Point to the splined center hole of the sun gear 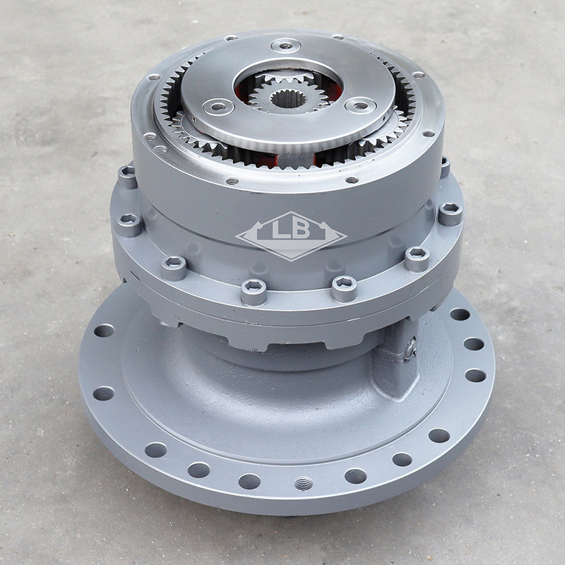(288, 98)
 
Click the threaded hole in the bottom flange (304, 483)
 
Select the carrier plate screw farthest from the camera (286, 45)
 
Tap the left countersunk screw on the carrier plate (218, 107)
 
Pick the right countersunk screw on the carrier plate (360, 105)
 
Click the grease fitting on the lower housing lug (410, 349)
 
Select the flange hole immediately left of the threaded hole (249, 482)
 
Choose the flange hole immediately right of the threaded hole (355, 476)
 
